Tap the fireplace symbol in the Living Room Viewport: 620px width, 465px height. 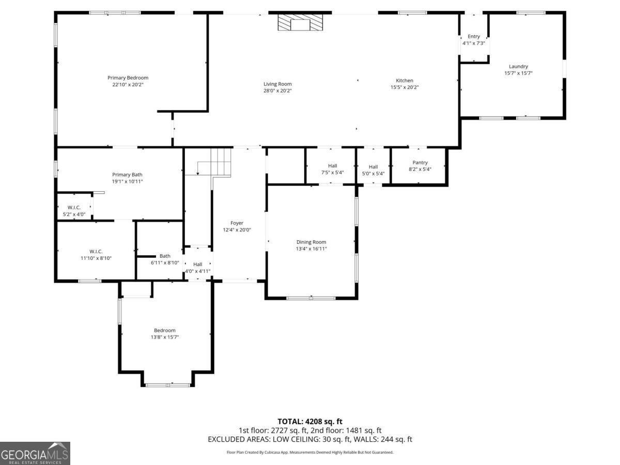click(300, 23)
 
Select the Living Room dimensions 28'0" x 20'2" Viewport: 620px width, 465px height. click(277, 91)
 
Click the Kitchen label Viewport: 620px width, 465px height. click(405, 81)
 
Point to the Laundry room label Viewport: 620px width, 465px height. click(518, 66)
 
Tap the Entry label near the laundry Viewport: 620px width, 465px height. click(474, 36)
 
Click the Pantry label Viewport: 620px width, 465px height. click(420, 163)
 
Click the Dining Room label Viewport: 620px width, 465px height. click(311, 242)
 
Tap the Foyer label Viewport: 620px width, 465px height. click(237, 223)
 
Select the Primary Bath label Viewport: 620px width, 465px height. click(128, 175)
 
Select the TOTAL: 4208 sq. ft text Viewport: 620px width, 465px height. click(309, 421)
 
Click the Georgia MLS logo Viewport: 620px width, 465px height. click(35, 453)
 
